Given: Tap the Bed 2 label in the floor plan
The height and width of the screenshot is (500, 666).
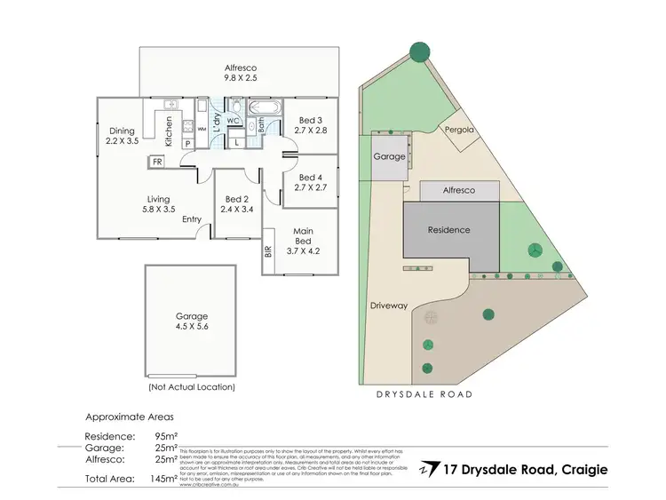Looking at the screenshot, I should (236, 204).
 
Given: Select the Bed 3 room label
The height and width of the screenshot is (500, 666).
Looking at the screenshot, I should (311, 125).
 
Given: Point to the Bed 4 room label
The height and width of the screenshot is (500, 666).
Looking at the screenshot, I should (311, 182).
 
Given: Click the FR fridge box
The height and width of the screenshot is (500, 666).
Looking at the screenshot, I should (157, 162).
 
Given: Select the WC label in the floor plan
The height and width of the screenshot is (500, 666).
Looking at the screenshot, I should (234, 120).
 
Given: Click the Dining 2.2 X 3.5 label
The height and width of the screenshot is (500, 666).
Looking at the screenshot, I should (122, 135).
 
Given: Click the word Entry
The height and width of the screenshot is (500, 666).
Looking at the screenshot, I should (192, 219).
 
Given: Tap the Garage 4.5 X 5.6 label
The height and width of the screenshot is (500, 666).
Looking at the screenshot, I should (191, 321).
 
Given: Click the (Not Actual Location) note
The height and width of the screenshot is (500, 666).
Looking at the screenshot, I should (191, 387).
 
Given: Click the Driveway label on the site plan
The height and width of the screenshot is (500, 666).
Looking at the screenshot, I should (388, 306).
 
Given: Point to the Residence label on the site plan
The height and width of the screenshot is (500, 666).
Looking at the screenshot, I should (448, 230).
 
